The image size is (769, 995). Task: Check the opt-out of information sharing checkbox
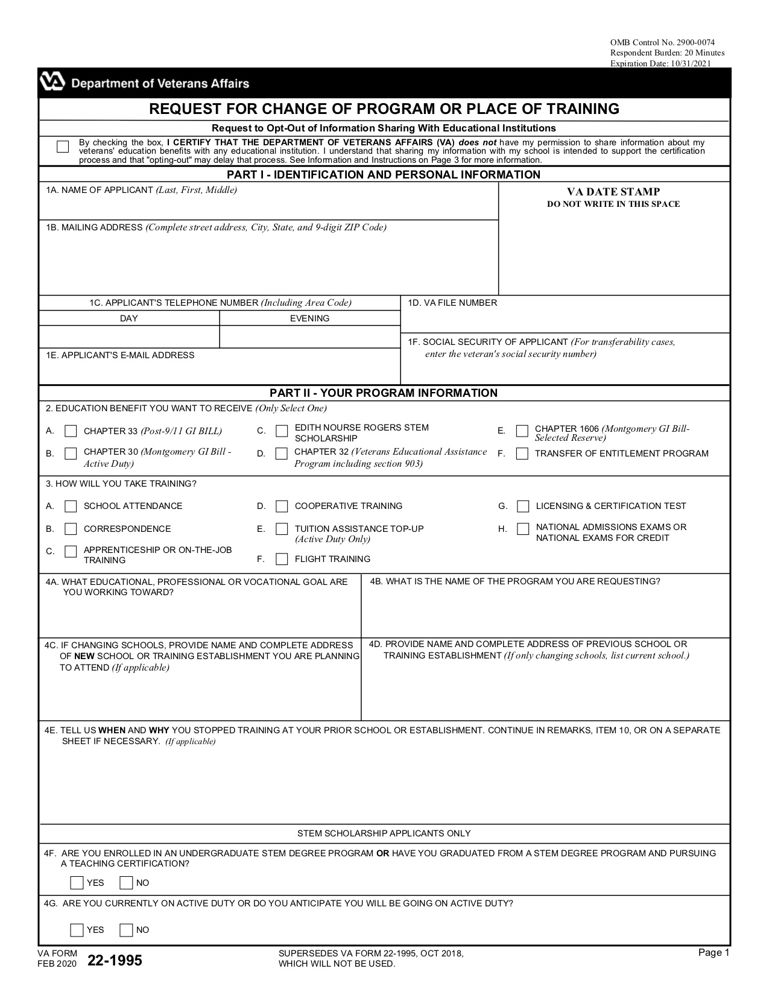click(63, 147)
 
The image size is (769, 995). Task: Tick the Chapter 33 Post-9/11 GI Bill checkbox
click(71, 431)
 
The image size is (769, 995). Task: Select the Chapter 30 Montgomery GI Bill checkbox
click(71, 453)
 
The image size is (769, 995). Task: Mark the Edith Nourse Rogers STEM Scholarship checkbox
click(282, 431)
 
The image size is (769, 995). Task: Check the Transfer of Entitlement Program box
click(522, 453)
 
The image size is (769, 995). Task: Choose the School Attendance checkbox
click(71, 506)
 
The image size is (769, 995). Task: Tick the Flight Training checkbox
click(282, 559)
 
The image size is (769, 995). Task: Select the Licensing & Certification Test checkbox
click(524, 506)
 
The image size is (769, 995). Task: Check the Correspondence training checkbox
click(71, 529)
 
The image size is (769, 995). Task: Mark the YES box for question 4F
click(77, 883)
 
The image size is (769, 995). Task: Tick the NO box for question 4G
click(126, 930)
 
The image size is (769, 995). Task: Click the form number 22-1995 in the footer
click(115, 961)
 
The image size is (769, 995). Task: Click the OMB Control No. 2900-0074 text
click(662, 42)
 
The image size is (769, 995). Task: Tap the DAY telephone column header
click(128, 318)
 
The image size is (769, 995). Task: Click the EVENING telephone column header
click(309, 318)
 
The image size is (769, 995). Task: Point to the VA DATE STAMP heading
click(613, 192)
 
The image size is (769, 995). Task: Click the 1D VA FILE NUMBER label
click(452, 303)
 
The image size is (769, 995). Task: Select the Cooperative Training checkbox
click(282, 506)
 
